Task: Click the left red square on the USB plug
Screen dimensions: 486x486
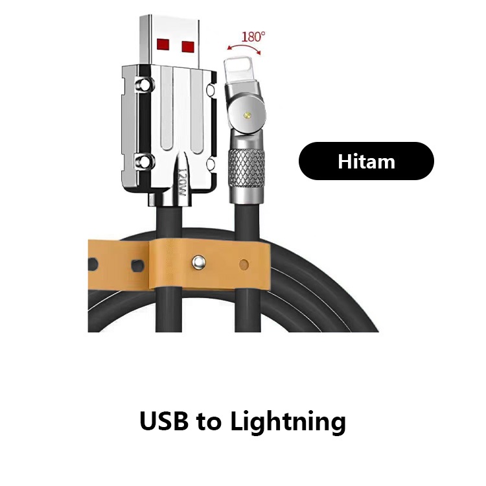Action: pyautogui.click(x=163, y=45)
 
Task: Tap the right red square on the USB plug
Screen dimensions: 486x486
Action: pyautogui.click(x=188, y=46)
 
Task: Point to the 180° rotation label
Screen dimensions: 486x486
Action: pyautogui.click(x=253, y=36)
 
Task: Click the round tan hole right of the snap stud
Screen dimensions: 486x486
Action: pyautogui.click(x=244, y=264)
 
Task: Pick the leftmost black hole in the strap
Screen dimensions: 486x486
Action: pyautogui.click(x=92, y=264)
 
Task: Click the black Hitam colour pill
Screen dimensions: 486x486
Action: pyautogui.click(x=366, y=161)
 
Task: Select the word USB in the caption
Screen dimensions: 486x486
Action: pyautogui.click(x=164, y=422)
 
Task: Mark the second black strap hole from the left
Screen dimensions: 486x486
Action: pyautogui.click(x=135, y=265)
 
